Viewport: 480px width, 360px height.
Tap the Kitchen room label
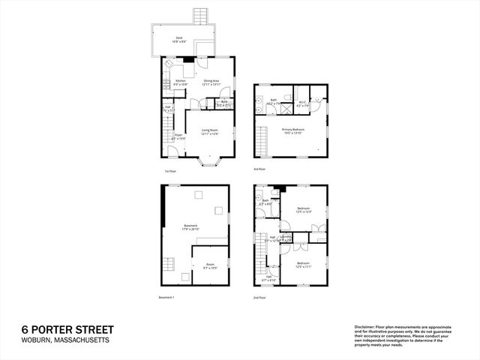[x=181, y=82]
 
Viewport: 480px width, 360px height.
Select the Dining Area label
[x=210, y=82]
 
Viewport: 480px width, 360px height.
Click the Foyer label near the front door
[x=178, y=137]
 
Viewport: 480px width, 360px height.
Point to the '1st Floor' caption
[x=171, y=172]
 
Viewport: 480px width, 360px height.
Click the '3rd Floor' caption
[x=260, y=169]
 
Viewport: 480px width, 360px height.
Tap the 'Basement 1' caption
[x=166, y=298]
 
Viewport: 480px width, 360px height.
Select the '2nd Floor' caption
[x=260, y=298]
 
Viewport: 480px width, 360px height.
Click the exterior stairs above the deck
[x=200, y=16]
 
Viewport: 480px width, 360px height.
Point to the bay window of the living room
[x=209, y=160]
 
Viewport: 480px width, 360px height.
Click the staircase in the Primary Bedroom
[x=262, y=142]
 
